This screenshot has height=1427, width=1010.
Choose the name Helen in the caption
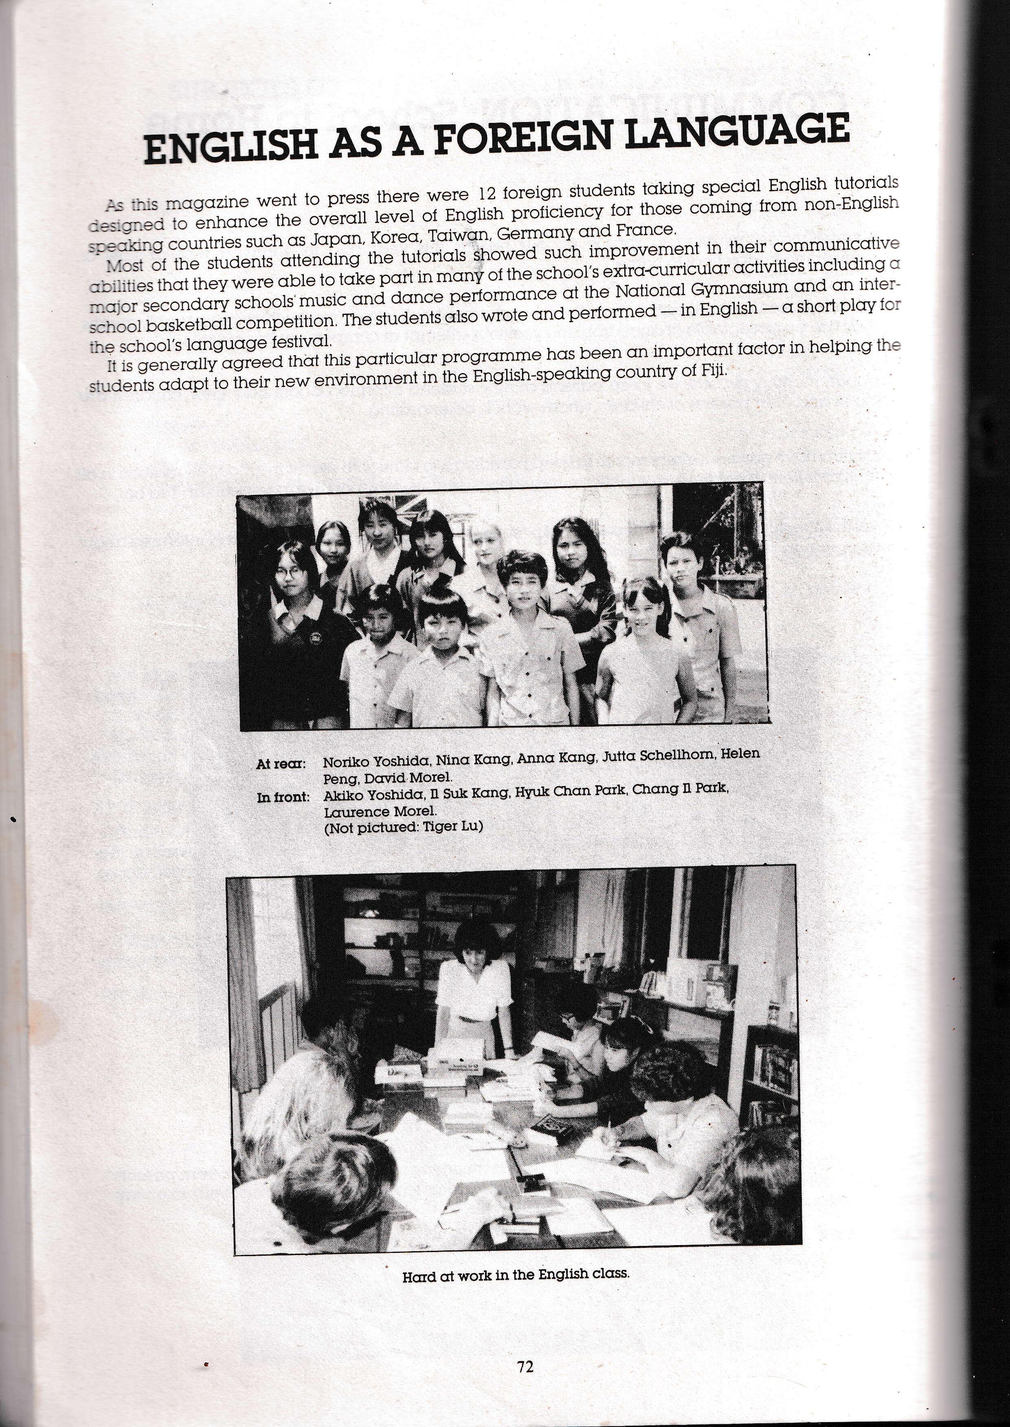743,753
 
